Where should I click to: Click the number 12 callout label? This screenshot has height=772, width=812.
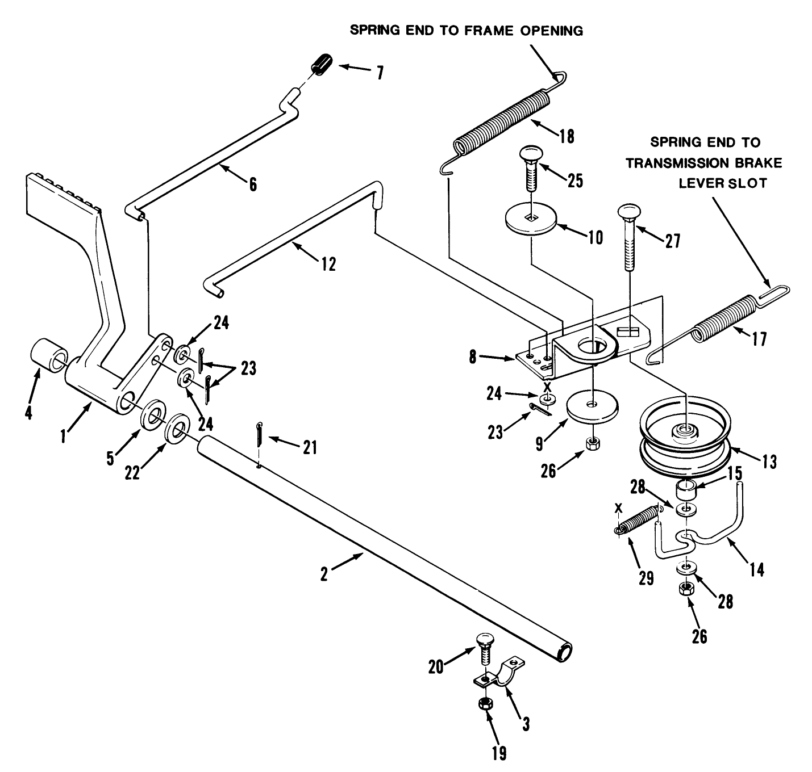pos(328,264)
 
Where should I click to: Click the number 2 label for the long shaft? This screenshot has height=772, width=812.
pos(324,574)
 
